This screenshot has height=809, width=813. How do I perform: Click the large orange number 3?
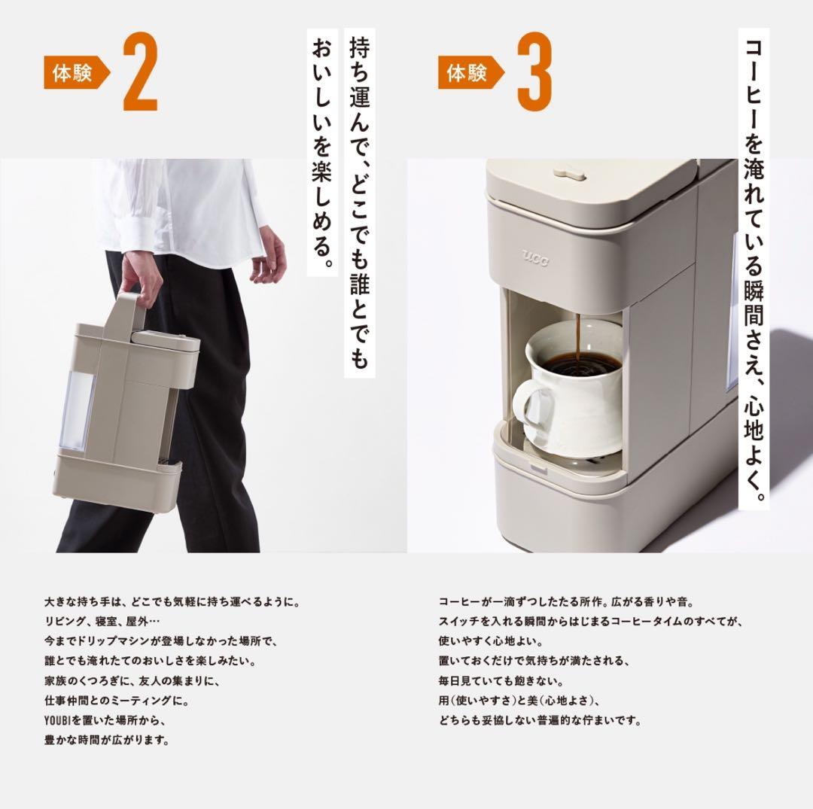pos(534,73)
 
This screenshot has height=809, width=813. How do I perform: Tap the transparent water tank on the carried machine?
pos(76,403)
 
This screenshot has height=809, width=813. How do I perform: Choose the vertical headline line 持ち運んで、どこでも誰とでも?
pos(359,203)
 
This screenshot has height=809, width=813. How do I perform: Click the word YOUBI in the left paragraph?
pos(58,720)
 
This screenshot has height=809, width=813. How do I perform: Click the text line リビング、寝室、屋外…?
pos(102,622)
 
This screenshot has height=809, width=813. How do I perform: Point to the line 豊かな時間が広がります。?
pos(106,740)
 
